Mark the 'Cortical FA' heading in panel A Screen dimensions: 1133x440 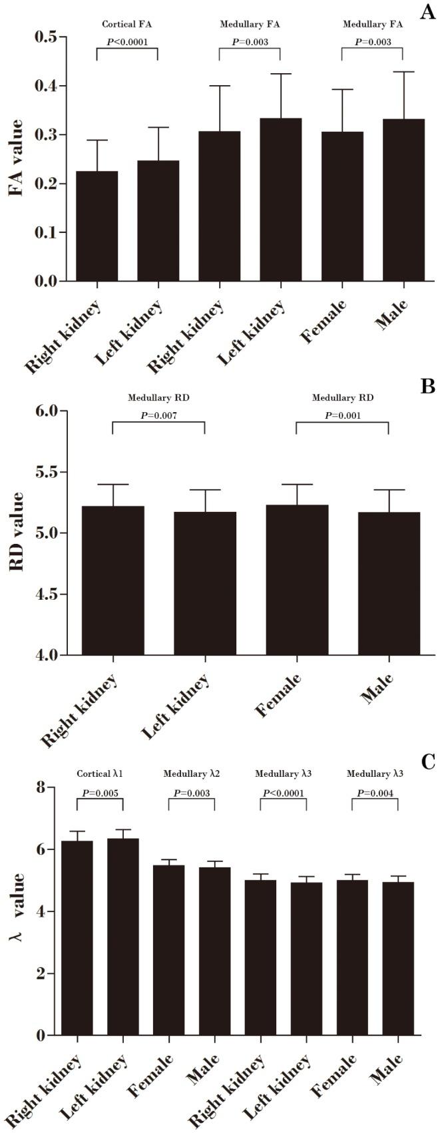(x=127, y=25)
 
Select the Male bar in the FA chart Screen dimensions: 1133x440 (x=403, y=200)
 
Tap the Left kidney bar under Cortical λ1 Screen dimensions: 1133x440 (x=123, y=945)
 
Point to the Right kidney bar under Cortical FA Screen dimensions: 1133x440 (x=97, y=226)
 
